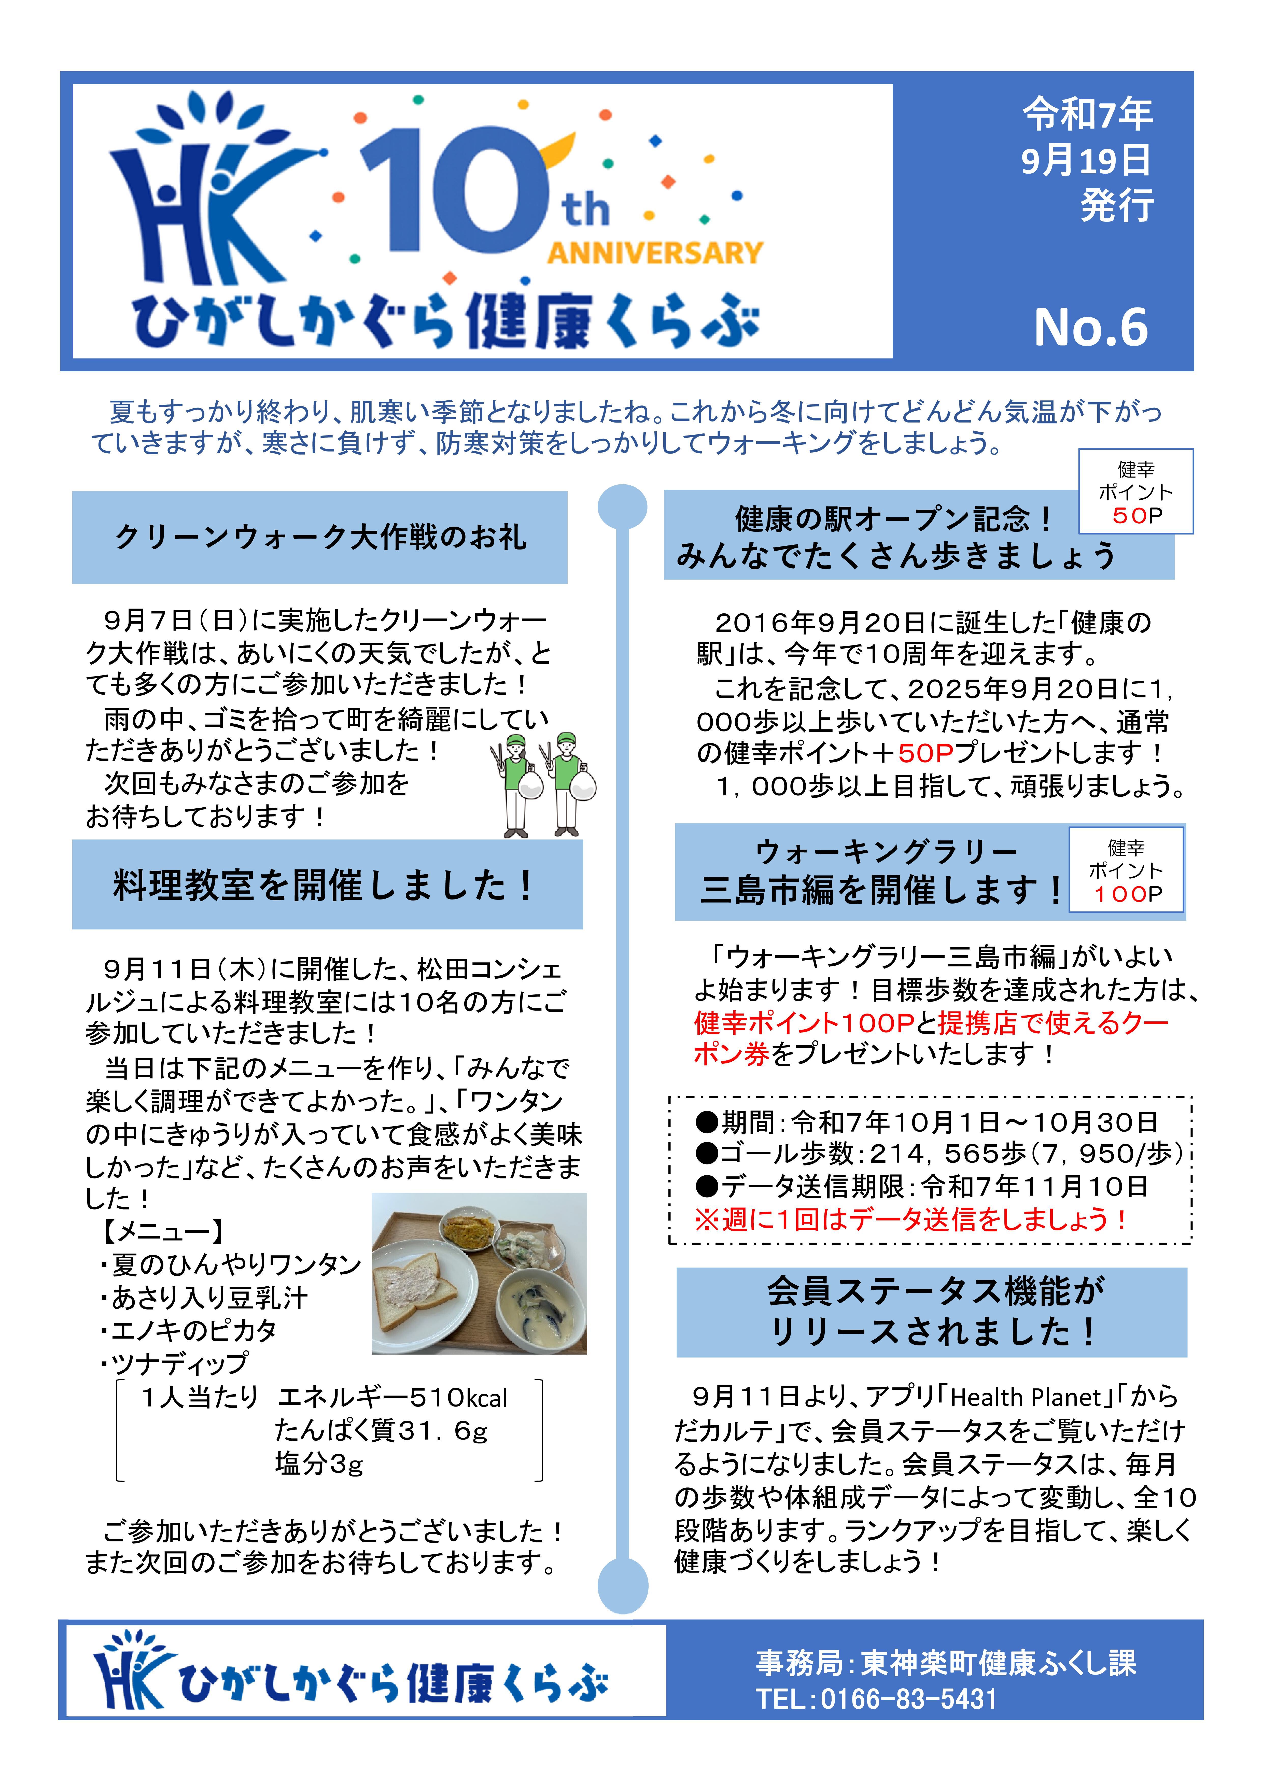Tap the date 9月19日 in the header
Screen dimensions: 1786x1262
(x=1086, y=160)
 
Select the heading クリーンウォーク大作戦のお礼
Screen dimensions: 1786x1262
(x=320, y=537)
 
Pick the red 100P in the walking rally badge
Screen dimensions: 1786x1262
(x=1127, y=895)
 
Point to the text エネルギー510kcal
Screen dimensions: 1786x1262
(x=392, y=1398)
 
